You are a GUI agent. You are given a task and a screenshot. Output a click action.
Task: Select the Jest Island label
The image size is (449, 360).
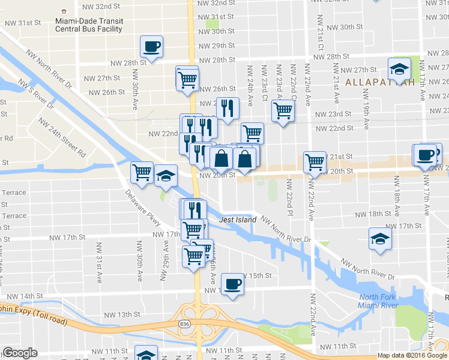[238, 220]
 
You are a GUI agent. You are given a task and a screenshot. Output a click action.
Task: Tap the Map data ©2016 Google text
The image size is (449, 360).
[412, 355]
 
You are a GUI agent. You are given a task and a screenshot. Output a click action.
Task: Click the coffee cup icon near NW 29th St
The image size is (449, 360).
[152, 46]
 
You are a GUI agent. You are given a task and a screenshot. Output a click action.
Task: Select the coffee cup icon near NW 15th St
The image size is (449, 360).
[232, 283]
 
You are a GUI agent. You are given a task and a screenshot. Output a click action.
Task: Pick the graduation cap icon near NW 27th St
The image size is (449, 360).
[399, 69]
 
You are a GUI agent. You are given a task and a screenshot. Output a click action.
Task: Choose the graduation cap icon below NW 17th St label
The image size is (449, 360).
[380, 239]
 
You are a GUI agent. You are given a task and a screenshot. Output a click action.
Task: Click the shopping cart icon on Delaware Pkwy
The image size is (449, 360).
[142, 173]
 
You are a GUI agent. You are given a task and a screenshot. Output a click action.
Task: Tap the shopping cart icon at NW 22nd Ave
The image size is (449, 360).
[315, 161]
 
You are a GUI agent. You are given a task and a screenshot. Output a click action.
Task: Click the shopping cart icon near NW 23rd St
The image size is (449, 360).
[283, 110]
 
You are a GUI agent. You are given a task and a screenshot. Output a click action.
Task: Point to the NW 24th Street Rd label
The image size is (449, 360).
[62, 136]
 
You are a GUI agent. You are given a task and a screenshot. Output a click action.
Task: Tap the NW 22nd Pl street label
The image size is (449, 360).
[289, 196]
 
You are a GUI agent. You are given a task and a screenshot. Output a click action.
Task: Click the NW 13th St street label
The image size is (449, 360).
[122, 314]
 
